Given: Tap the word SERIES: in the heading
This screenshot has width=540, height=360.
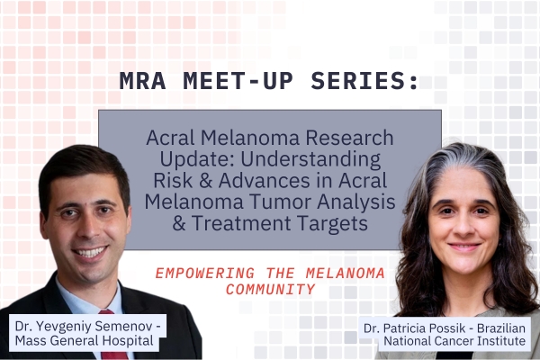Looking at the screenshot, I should click(x=369, y=81).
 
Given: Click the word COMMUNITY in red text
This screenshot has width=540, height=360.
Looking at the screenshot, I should click(x=270, y=290).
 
